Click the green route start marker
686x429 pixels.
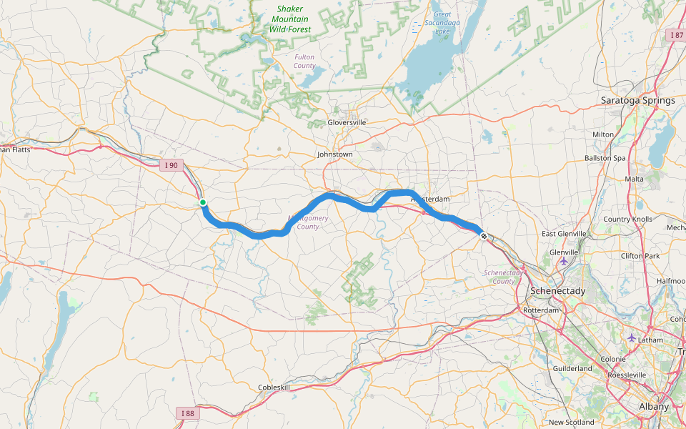[203, 203]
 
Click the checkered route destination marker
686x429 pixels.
[484, 236]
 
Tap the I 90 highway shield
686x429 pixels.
[170, 166]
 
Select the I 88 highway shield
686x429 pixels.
[187, 413]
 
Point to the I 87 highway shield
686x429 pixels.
[676, 35]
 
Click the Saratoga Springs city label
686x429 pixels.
[637, 100]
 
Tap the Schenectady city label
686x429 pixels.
[557, 292]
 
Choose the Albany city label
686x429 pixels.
[654, 407]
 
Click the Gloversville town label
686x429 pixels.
[347, 122]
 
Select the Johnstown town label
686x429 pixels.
[335, 154]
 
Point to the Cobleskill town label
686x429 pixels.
[274, 388]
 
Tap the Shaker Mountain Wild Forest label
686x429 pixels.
[291, 19]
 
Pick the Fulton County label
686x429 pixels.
[304, 61]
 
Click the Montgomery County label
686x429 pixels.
[308, 222]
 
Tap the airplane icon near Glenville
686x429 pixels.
[565, 260]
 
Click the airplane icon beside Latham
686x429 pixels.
[630, 337]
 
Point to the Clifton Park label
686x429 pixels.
[640, 256]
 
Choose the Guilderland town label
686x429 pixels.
[572, 368]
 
